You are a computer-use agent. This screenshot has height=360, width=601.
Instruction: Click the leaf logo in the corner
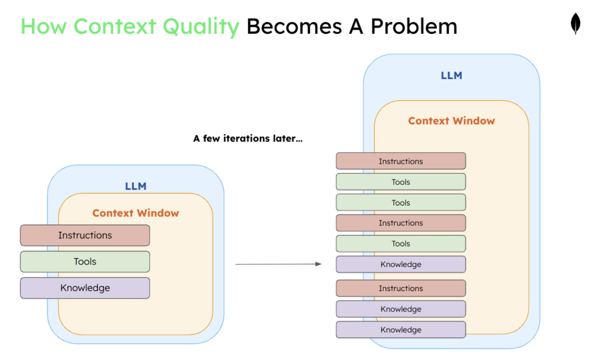coord(575,23)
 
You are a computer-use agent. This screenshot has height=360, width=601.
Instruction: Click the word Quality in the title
coord(201,27)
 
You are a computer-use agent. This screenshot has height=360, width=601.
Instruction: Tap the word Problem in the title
coord(414,27)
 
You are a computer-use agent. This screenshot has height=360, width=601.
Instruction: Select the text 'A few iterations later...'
coord(248,138)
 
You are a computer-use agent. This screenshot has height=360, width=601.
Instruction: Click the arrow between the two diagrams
coord(278,264)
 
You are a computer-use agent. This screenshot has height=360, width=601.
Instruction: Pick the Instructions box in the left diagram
coord(85,235)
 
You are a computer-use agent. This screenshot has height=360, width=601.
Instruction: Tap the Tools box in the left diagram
coord(85,261)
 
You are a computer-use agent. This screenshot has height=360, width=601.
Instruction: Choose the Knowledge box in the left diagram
coord(85,288)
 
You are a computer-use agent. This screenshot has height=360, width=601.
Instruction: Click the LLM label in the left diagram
coord(136,186)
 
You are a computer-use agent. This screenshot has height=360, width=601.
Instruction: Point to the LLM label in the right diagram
coord(451,75)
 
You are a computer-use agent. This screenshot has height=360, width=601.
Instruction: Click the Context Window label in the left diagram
coord(136,213)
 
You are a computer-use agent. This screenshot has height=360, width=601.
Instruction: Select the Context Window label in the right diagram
coord(451,121)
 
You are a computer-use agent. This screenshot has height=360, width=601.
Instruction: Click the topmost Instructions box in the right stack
coord(401,161)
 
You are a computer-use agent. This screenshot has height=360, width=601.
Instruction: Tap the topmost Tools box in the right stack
coord(401,182)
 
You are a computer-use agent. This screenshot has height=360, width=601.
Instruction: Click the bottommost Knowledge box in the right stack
coord(401,330)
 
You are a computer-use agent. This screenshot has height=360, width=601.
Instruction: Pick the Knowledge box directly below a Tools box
coord(401,264)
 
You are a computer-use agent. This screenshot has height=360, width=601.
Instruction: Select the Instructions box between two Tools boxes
coord(401,223)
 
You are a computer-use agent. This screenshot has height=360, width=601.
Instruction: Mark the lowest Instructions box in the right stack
coord(401,288)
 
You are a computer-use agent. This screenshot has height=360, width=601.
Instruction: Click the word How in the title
coord(44,27)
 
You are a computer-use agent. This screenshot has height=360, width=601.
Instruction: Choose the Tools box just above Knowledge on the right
coord(401,244)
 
